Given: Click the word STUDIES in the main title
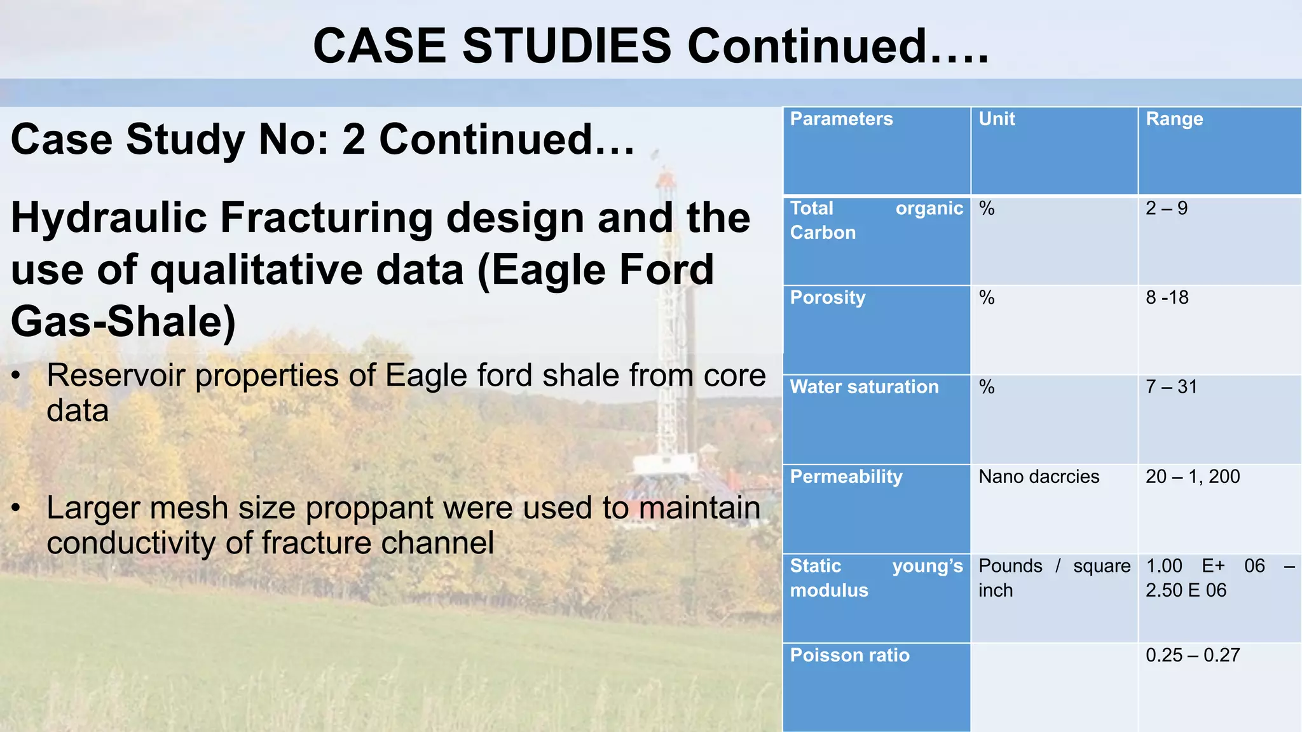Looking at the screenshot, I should click(566, 46).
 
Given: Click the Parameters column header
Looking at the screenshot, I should click(840, 119).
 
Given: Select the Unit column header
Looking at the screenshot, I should click(996, 119).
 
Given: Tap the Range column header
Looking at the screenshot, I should click(1174, 119).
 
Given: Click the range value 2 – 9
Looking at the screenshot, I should click(1166, 208).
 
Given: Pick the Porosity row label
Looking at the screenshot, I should click(827, 298).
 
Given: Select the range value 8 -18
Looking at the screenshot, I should click(1167, 298).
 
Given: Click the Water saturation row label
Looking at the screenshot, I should click(863, 387).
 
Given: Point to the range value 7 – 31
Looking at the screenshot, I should click(1171, 387).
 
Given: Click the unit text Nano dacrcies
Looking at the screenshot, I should click(1038, 477).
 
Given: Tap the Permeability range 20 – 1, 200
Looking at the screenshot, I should click(1192, 477).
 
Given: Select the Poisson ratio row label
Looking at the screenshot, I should click(849, 655).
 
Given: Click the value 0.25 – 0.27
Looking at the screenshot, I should click(1192, 655).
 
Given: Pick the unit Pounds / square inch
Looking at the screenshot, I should click(1053, 578).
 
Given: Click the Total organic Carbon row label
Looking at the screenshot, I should click(875, 220).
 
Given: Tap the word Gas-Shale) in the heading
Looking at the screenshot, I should click(123, 322).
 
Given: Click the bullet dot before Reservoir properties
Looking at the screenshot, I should click(17, 376).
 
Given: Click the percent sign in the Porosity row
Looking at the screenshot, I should click(986, 298).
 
